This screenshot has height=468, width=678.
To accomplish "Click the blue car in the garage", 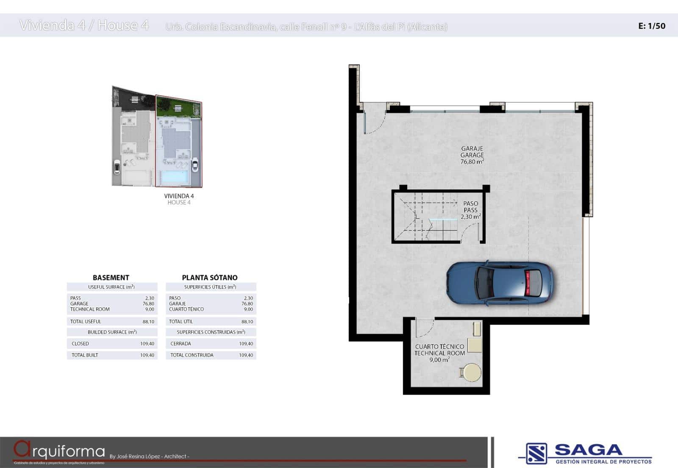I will click(500, 283).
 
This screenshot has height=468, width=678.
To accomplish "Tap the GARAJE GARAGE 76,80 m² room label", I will click(472, 155).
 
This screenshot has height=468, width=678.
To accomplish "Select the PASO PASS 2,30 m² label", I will click(470, 210).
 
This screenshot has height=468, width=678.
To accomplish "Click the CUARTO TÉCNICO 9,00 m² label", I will click(439, 353).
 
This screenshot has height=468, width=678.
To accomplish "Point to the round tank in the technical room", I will click(471, 373).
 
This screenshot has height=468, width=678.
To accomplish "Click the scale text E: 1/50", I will click(651, 26).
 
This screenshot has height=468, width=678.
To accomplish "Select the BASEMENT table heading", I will click(111, 278).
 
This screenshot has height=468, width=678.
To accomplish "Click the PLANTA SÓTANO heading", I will click(209, 278).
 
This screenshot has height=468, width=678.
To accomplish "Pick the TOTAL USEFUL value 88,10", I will click(148, 322).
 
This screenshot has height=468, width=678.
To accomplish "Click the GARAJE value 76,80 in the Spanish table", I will click(247, 304).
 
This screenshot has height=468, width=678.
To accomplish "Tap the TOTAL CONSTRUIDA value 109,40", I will click(246, 355).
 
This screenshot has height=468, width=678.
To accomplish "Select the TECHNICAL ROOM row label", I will click(90, 309).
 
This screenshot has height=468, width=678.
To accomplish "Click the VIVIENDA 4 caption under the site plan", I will click(179, 196).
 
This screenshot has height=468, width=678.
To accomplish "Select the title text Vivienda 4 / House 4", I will click(84, 25).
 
